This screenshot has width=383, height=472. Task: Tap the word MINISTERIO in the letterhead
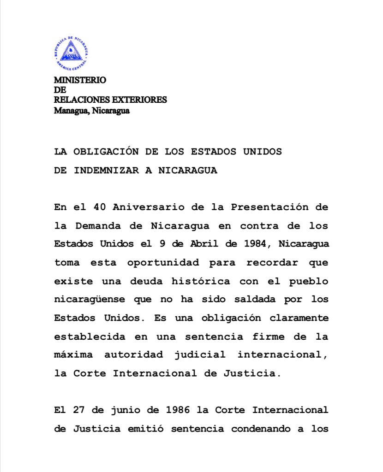[80, 80]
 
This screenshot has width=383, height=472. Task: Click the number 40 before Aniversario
[98, 207]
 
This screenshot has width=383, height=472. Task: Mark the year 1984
[255, 244]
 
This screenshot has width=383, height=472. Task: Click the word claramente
[299, 318]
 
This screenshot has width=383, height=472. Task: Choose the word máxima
[74, 355]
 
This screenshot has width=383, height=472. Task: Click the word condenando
[260, 429]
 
